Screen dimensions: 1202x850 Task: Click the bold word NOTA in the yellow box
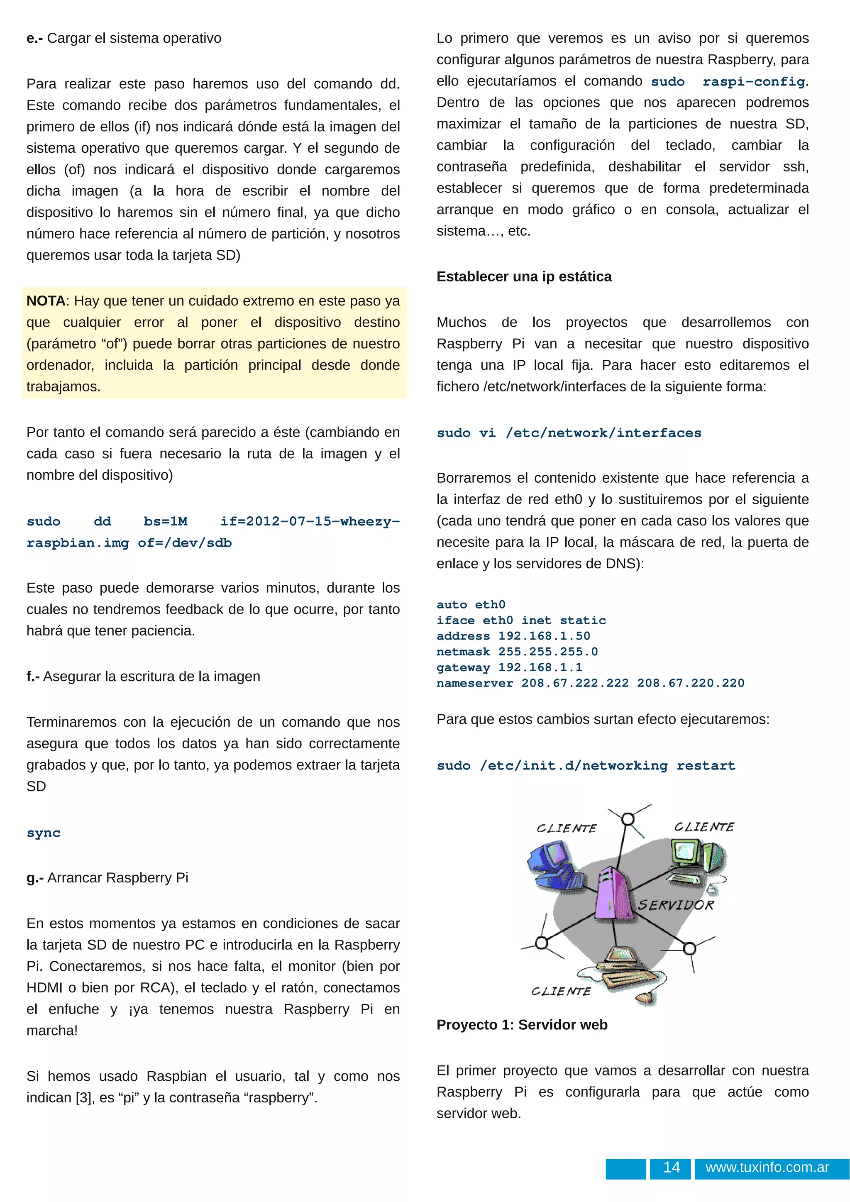pos(46,301)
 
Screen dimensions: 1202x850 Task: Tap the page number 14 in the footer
pos(672,1168)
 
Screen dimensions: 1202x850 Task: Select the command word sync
pos(44,833)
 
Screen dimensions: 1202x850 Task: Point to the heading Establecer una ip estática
pos(524,276)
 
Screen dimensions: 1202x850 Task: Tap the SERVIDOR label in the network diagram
pos(676,905)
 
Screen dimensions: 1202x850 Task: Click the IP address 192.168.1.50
pos(544,636)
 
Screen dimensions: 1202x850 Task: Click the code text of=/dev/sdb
pos(185,543)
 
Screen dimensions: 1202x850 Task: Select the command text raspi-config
pos(754,82)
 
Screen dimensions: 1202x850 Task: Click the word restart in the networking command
pos(706,766)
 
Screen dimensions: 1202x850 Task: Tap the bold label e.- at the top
pos(35,38)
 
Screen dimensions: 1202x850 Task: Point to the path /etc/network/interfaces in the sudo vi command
pos(603,433)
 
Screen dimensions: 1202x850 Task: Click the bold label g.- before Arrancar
pos(35,877)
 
